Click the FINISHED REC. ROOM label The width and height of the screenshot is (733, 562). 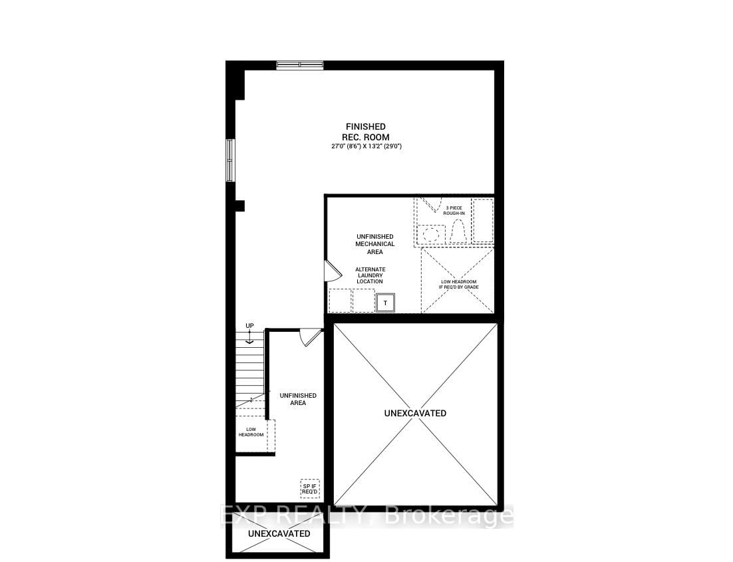pos(366,132)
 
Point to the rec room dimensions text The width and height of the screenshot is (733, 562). pos(366,146)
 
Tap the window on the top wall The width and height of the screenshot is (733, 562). pos(299,65)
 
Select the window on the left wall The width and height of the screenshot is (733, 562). pos(230,160)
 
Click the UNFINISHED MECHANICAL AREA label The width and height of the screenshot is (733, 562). pos(375,244)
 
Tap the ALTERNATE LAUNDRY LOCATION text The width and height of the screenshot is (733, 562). pos(370,275)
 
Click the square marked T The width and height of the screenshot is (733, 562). pos(386,303)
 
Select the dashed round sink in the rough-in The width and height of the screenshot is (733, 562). pos(431,234)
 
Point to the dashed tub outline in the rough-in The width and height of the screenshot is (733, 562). pos(483,220)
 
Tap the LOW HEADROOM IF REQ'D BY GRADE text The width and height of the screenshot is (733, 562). pos(458,284)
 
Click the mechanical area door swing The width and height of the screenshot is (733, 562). pos(333,271)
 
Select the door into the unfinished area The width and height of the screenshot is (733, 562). pos(310,337)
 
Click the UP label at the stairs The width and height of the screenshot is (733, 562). pos(249,326)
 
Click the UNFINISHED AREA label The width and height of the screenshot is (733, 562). pos(298,399)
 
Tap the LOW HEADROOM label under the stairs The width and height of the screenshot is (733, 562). pos(251,432)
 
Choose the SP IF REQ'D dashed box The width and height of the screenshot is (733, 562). pos(310,489)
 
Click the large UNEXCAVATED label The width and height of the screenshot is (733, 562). pos(415,413)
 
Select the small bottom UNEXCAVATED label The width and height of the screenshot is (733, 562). pos(279,533)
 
